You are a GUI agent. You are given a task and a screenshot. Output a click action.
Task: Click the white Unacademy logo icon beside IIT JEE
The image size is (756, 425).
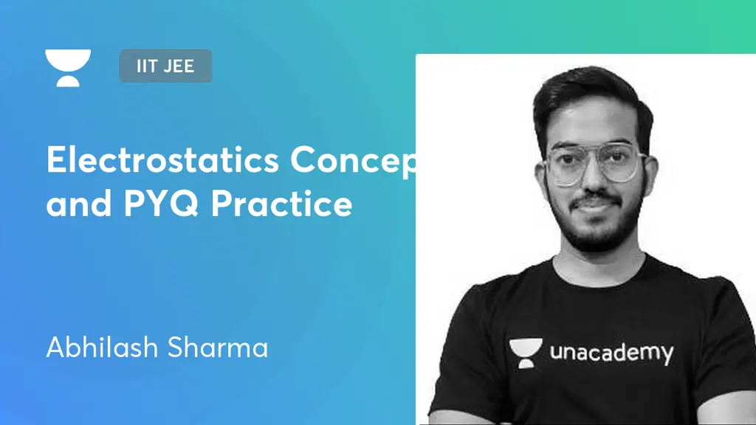point(68,67)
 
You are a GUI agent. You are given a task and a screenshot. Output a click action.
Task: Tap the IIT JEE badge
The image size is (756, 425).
point(165,66)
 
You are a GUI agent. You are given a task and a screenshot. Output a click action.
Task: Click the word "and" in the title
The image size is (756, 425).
point(72,203)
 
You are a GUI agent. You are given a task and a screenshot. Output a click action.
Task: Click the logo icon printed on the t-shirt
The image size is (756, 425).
point(526,353)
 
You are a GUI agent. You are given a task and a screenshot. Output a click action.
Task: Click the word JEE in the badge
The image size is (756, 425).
point(179,66)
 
